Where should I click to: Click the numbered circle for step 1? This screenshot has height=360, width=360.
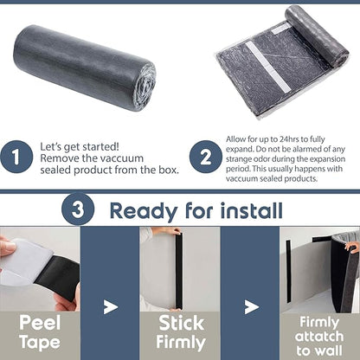coord(16,157)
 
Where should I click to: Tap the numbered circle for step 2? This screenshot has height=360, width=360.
coord(206,157)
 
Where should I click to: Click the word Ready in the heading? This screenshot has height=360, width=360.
coord(144,211)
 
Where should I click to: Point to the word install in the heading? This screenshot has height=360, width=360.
coord(252,210)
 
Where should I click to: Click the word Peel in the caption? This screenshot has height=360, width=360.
coord(40,323)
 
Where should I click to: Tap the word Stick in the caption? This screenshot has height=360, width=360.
coord(182,323)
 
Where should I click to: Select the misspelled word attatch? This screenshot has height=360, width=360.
coord(319,337)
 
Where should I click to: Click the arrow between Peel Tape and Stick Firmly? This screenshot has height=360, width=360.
coord(111,307)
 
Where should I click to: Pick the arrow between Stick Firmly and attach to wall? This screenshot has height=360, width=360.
coord(251,307)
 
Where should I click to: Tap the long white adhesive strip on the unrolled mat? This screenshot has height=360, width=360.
coord(267,67)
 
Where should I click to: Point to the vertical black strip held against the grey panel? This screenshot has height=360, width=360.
coord(179,271)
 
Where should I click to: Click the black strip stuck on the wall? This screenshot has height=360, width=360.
coord(288,271)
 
